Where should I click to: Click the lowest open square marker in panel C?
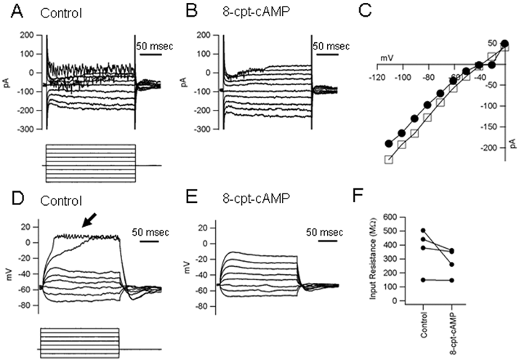pyautogui.click(x=388, y=160)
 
